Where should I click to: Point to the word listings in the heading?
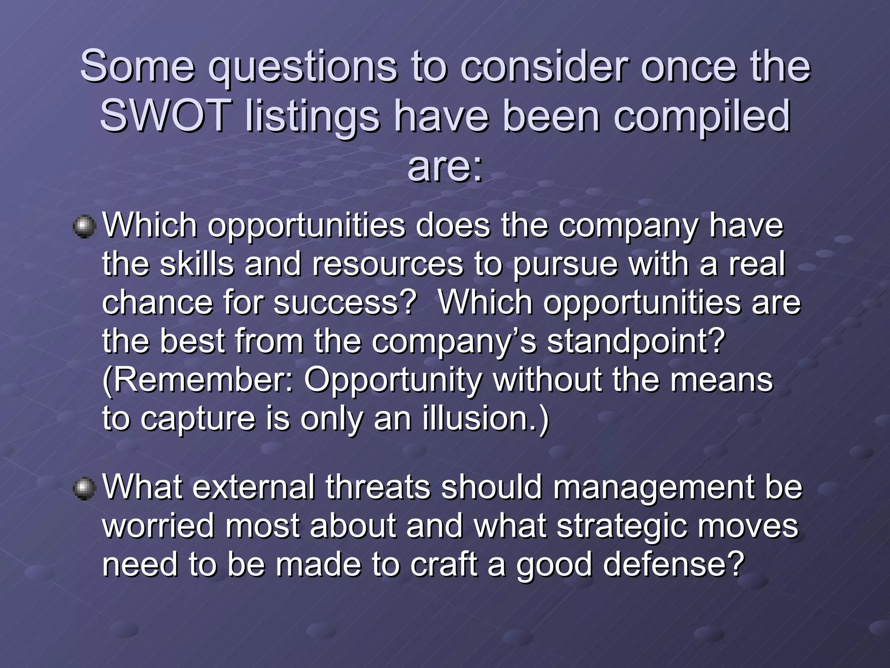[x=312, y=116]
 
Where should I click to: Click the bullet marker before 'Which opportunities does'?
[x=84, y=227]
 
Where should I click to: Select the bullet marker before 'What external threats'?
[x=84, y=489]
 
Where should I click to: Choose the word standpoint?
[x=636, y=341]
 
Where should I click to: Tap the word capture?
[x=198, y=418]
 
